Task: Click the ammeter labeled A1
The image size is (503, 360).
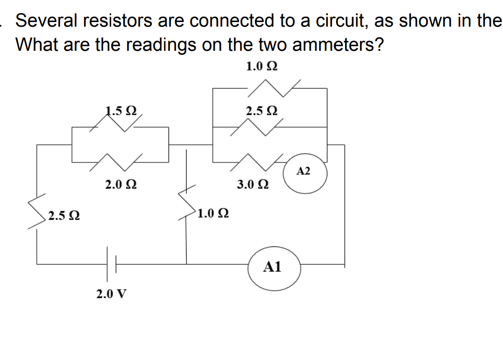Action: pos(274,267)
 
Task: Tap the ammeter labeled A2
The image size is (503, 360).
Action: pos(304,172)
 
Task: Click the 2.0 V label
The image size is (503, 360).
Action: pos(111,294)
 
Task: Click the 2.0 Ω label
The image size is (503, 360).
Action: pos(120,185)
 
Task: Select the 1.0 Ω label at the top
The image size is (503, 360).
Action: pos(262,66)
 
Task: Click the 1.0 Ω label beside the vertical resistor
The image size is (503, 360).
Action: pos(213,213)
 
